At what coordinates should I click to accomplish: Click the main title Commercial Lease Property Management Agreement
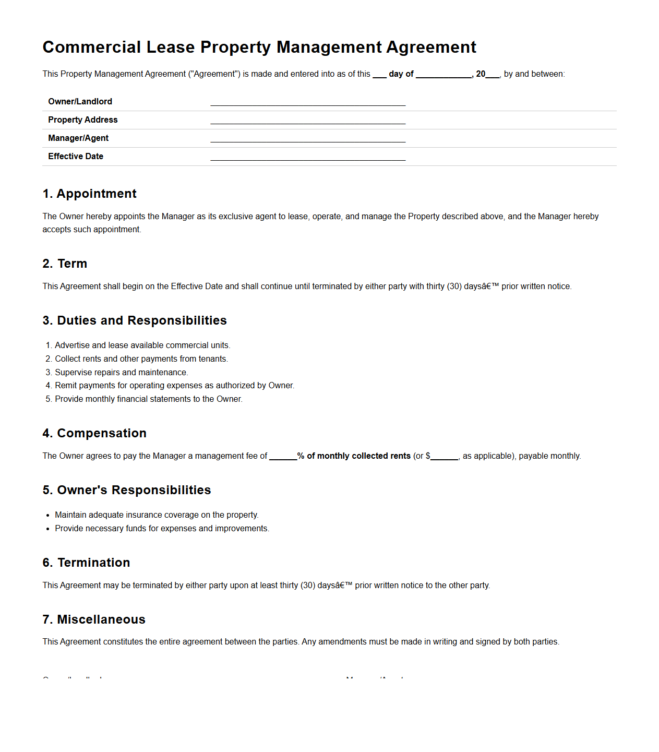pyautogui.click(x=259, y=47)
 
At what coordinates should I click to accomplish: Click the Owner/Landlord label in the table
pyautogui.click(x=80, y=101)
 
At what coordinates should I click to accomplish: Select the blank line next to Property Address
pyautogui.click(x=308, y=121)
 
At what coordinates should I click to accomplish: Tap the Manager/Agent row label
pyautogui.click(x=78, y=138)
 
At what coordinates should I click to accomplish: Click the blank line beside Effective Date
pyautogui.click(x=308, y=157)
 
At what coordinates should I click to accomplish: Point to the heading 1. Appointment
pyautogui.click(x=89, y=194)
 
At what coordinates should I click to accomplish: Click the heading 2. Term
pyautogui.click(x=65, y=264)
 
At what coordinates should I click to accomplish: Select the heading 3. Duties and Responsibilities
pyautogui.click(x=135, y=320)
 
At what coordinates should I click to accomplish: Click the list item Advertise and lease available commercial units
pyautogui.click(x=142, y=345)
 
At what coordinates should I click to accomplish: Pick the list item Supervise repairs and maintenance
pyautogui.click(x=121, y=372)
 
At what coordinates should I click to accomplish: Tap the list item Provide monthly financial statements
pyautogui.click(x=148, y=399)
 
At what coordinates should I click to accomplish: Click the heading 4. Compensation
pyautogui.click(x=94, y=433)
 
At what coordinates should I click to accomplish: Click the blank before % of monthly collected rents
pyautogui.click(x=283, y=457)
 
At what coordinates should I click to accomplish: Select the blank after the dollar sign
pyautogui.click(x=444, y=457)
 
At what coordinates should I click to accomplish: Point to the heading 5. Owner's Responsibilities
pyautogui.click(x=127, y=490)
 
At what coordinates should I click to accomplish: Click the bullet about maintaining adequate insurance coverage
pyautogui.click(x=157, y=515)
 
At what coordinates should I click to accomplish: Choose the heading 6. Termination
pyautogui.click(x=86, y=563)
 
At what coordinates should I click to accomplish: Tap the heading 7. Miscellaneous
pyautogui.click(x=94, y=619)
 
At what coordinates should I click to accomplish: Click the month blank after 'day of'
pyautogui.click(x=444, y=75)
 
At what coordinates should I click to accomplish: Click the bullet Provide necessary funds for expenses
pyautogui.click(x=162, y=529)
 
